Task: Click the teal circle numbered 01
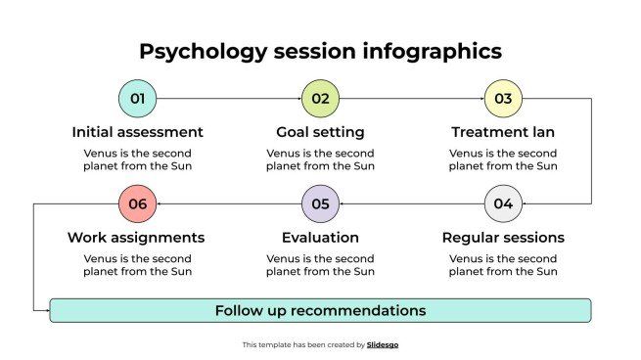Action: click(137, 99)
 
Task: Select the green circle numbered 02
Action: click(320, 99)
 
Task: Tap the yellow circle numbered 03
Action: click(503, 99)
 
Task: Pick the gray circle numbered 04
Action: click(503, 204)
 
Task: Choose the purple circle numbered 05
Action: click(320, 204)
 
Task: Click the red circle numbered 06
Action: click(137, 204)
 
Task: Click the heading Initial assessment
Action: click(137, 132)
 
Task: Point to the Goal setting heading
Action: click(320, 132)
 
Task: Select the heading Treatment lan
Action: click(503, 132)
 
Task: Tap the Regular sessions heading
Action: click(503, 238)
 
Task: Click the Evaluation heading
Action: click(320, 238)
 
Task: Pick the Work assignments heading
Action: click(136, 238)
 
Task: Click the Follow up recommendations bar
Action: click(320, 311)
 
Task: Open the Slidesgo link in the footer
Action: click(383, 345)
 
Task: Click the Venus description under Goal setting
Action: click(320, 159)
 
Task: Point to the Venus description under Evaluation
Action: click(320, 265)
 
